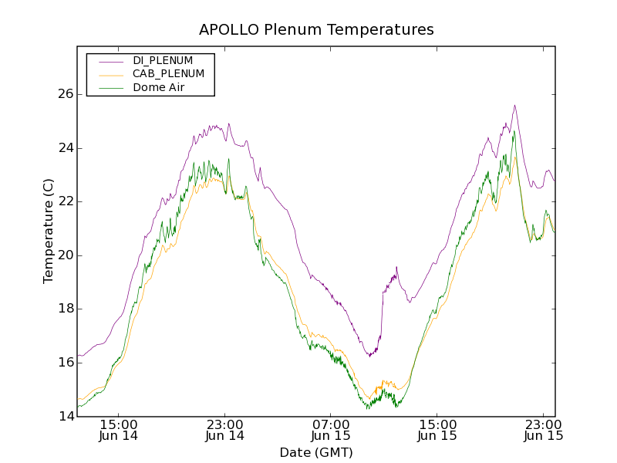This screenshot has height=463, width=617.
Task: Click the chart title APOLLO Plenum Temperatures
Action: [316, 30]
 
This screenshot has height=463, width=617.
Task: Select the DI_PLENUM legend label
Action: [163, 60]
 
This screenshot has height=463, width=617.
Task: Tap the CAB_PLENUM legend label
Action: [168, 74]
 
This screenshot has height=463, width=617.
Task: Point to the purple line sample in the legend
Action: [110, 60]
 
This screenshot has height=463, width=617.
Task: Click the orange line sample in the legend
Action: [110, 74]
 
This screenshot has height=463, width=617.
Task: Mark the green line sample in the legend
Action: [110, 87]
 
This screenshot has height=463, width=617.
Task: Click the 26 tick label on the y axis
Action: [66, 94]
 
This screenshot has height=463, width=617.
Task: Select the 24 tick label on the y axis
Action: [66, 148]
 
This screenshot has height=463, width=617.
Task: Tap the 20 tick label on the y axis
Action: [66, 255]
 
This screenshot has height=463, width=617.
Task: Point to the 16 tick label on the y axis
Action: [66, 363]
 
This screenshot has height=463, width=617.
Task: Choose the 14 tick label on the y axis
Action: [66, 417]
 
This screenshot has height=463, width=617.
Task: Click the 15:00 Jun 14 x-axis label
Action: [119, 430]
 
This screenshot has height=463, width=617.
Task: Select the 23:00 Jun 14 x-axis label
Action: [225, 430]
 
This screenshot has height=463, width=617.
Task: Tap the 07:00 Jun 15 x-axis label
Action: [331, 430]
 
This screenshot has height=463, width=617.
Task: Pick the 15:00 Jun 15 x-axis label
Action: [437, 430]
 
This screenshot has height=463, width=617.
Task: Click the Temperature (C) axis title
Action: [49, 231]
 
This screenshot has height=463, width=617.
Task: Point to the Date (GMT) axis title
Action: [316, 452]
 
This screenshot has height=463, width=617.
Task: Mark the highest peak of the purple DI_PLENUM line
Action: [514, 106]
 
